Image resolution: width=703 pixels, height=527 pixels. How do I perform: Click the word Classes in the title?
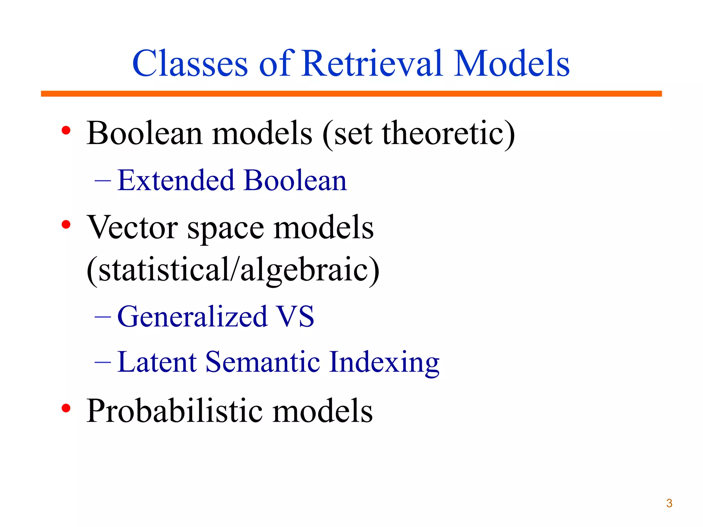pyautogui.click(x=190, y=63)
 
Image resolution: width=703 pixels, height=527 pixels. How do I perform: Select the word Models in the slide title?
pyautogui.click(x=511, y=63)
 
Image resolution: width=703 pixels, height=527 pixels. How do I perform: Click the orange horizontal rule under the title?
pyautogui.click(x=351, y=94)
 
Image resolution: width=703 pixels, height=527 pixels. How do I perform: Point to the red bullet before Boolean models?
pyautogui.click(x=66, y=130)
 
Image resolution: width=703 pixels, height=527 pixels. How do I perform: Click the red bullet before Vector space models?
pyautogui.click(x=66, y=225)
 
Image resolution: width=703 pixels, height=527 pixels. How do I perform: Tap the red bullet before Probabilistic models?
pyautogui.click(x=66, y=408)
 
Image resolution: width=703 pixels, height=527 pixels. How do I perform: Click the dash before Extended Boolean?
pyautogui.click(x=103, y=180)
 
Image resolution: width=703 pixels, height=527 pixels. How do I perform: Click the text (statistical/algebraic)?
pyautogui.click(x=233, y=270)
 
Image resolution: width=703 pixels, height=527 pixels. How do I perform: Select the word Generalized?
pyautogui.click(x=192, y=317)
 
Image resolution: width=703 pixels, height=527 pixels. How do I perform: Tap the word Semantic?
pyautogui.click(x=263, y=362)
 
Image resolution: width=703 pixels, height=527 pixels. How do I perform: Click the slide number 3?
pyautogui.click(x=669, y=503)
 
